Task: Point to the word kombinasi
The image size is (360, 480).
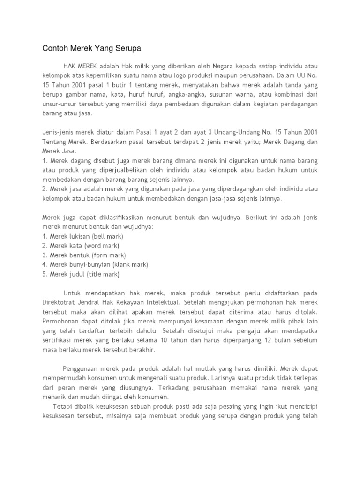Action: (285, 94)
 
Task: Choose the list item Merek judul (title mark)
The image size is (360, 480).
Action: (81, 274)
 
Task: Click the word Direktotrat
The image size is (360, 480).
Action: (60, 302)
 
